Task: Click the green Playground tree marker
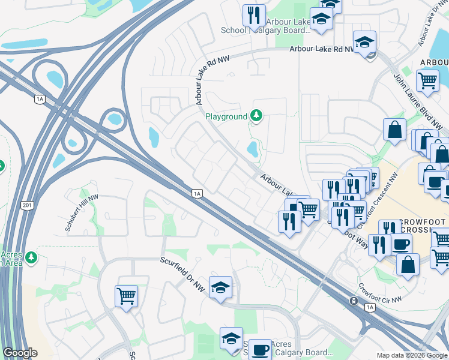[x=256, y=115]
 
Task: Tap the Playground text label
[x=226, y=116]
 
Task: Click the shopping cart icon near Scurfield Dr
[x=126, y=295]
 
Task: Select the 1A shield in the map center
[x=197, y=193]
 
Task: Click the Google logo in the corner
[x=20, y=353]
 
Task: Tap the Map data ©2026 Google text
[x=412, y=355]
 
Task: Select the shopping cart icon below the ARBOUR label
[x=427, y=80]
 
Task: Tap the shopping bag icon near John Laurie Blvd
[x=394, y=129]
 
